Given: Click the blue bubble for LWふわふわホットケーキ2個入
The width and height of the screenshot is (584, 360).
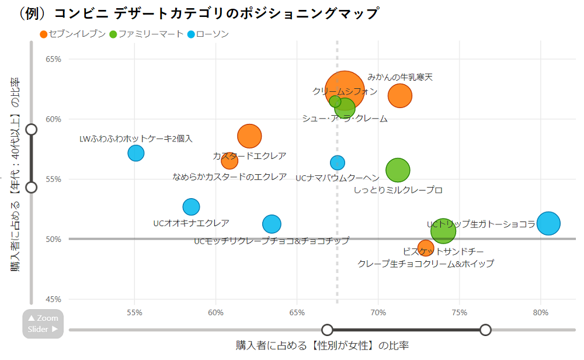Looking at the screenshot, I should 136,153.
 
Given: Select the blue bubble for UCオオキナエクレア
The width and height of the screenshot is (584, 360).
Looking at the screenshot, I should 191,206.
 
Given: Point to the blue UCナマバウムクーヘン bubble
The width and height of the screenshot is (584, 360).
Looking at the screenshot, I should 338,162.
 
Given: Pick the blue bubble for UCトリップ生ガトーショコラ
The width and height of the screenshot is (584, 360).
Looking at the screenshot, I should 548,223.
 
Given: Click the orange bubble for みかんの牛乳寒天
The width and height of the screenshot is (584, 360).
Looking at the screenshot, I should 400,95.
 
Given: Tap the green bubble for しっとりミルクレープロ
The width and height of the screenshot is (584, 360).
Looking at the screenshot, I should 398,170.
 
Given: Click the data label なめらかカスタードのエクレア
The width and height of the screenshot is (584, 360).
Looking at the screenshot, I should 230,176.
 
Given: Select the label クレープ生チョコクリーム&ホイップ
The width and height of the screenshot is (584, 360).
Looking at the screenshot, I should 425,264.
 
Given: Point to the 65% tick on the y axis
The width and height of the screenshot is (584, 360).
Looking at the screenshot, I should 54,59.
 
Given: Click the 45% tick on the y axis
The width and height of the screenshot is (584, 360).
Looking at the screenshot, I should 54,299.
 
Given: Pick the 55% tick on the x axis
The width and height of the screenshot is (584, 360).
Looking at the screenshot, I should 134,313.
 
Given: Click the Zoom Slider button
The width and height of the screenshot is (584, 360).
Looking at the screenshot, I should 43,323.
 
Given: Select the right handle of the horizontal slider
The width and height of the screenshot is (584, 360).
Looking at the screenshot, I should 485,330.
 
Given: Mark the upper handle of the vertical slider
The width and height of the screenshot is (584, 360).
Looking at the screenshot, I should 32,129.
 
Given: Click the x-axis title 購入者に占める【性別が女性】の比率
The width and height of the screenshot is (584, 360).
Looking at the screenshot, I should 322,345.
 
